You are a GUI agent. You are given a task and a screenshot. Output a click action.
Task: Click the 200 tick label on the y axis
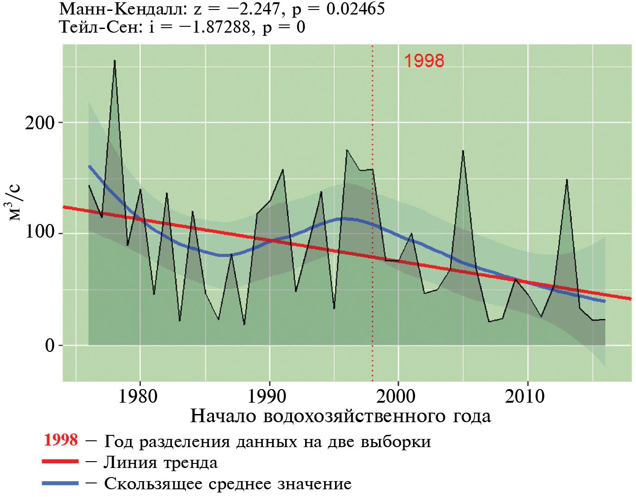click(x=39, y=123)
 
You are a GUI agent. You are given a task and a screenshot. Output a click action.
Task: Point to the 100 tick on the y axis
click(x=39, y=233)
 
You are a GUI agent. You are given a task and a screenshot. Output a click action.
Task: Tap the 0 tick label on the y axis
click(x=49, y=346)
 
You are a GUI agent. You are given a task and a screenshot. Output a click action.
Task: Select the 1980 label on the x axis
click(x=138, y=396)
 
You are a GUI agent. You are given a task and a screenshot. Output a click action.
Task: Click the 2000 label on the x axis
click(x=396, y=396)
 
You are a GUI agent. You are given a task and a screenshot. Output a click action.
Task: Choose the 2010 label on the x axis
click(x=525, y=396)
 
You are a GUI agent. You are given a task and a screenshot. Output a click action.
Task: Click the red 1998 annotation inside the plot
click(x=424, y=61)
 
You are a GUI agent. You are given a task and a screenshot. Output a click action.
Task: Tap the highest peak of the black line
click(x=115, y=61)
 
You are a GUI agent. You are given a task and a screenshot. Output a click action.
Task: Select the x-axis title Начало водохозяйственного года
click(x=340, y=416)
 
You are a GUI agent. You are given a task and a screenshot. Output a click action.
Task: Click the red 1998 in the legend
click(x=61, y=440)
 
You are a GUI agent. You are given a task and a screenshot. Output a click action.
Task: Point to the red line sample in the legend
click(x=60, y=462)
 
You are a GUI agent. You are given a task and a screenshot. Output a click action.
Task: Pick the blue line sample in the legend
click(x=60, y=483)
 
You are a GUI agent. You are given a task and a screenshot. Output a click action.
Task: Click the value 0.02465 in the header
click(x=355, y=9)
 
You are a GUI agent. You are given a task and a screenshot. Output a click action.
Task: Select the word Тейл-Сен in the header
click(x=100, y=27)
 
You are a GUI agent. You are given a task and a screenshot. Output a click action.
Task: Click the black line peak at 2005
click(x=463, y=151)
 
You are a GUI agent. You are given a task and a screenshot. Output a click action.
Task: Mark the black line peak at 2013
click(x=567, y=180)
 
